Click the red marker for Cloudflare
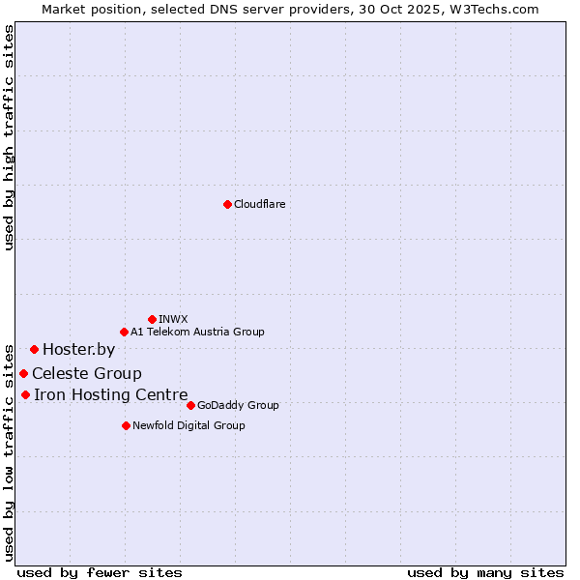point(227,204)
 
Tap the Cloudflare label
point(259,204)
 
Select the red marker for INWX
point(152,319)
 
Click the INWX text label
point(173,319)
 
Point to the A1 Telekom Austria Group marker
point(124,332)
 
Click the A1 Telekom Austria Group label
point(197,332)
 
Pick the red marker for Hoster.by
point(34,349)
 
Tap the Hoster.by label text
point(78,350)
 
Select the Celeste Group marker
point(23,373)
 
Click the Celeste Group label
point(87,374)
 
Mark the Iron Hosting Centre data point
point(25,394)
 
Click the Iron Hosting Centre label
point(111,394)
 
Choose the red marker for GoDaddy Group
point(190,405)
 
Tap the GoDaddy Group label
point(237,405)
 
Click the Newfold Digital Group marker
point(126,425)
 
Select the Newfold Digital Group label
point(188,425)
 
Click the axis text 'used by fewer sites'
point(100,572)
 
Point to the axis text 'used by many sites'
point(485,572)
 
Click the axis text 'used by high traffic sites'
point(9,137)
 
